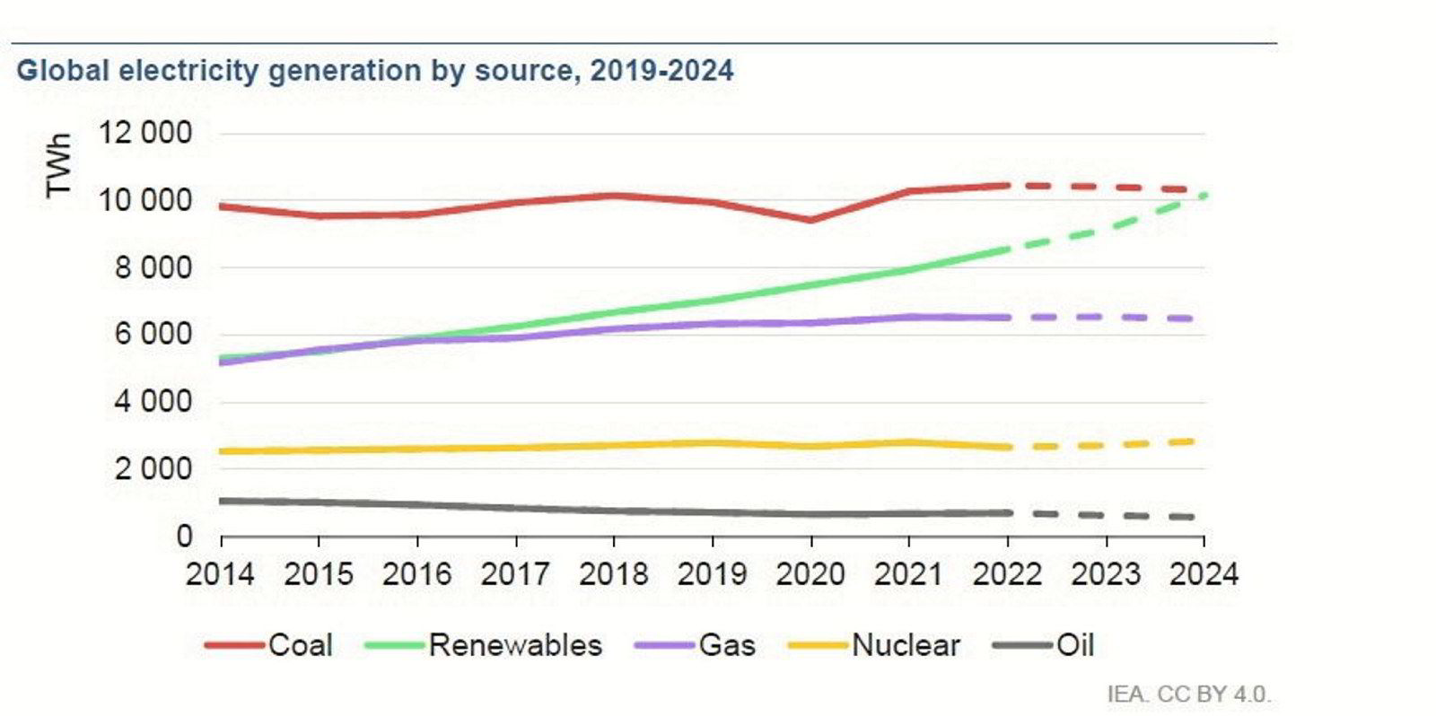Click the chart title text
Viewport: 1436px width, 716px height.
pyautogui.click(x=374, y=70)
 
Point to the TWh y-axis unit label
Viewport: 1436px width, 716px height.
pyautogui.click(x=58, y=166)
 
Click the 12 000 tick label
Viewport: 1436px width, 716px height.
pyautogui.click(x=145, y=133)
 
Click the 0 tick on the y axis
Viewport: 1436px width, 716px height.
pyautogui.click(x=184, y=536)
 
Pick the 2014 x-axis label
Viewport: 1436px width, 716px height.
pyautogui.click(x=220, y=574)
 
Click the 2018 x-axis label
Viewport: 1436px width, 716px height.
pyautogui.click(x=613, y=574)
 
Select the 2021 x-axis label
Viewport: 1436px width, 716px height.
pyautogui.click(x=908, y=574)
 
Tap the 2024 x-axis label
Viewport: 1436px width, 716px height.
pyautogui.click(x=1204, y=574)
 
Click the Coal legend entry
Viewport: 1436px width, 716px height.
pyautogui.click(x=269, y=645)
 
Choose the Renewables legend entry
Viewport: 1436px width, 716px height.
pyautogui.click(x=485, y=645)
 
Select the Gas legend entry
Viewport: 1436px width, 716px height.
pyautogui.click(x=696, y=645)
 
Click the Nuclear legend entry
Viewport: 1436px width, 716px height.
pyautogui.click(x=874, y=645)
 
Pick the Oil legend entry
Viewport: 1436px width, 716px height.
pyautogui.click(x=1046, y=645)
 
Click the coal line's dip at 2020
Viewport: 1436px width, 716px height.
pyautogui.click(x=810, y=220)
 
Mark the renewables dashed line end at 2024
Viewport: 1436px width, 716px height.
pyautogui.click(x=1204, y=195)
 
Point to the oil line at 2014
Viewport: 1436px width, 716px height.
pyautogui.click(x=222, y=501)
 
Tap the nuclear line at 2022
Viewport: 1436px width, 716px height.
pyautogui.click(x=1008, y=447)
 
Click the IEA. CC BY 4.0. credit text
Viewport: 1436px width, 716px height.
pyautogui.click(x=1188, y=694)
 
